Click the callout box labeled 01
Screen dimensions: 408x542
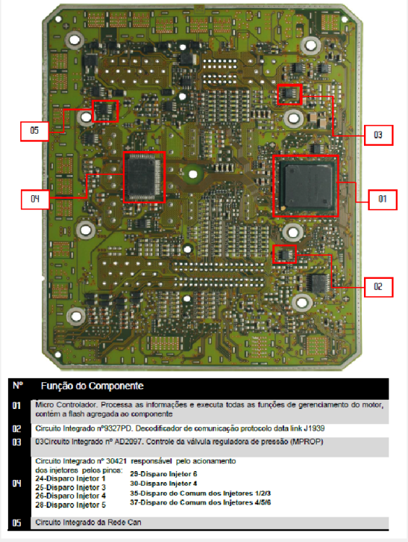click(x=383, y=199)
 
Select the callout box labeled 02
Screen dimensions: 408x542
click(x=378, y=287)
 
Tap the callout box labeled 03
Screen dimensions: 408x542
click(x=378, y=135)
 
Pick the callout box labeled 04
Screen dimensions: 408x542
click(x=35, y=199)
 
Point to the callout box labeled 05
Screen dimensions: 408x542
click(x=34, y=131)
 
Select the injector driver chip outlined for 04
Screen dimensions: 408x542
click(x=144, y=176)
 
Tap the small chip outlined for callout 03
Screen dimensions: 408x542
click(x=289, y=94)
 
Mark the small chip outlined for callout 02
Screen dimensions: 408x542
click(x=285, y=255)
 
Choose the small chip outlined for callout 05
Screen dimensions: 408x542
click(x=105, y=111)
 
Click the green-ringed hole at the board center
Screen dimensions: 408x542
click(x=193, y=174)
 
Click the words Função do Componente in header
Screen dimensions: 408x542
click(x=92, y=386)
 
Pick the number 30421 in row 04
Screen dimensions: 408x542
click(x=116, y=461)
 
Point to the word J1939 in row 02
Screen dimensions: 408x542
click(x=314, y=429)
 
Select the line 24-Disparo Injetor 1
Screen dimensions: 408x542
click(x=70, y=478)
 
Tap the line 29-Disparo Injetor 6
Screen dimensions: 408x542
click(x=163, y=474)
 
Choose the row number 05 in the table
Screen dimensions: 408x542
click(x=17, y=522)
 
